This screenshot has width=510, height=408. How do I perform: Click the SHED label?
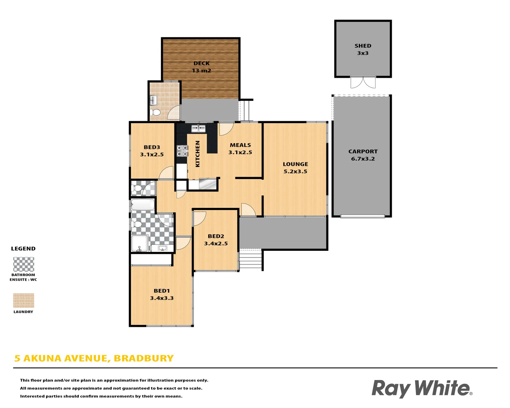tap(363, 46)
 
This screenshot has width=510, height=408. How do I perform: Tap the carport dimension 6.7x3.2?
tap(363, 159)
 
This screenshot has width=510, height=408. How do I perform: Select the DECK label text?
tap(201, 63)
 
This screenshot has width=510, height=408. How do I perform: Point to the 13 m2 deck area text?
tap(201, 71)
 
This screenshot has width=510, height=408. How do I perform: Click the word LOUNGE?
tap(295, 164)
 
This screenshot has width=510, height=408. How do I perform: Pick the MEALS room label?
tap(240, 145)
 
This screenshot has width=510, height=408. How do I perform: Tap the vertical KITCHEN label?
tap(198, 154)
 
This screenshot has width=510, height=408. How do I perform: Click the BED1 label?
tap(162, 291)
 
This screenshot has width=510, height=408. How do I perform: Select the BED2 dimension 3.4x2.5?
tap(216, 243)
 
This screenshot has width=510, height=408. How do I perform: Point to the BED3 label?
tap(151, 147)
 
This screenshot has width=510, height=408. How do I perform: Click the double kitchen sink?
tap(198, 128)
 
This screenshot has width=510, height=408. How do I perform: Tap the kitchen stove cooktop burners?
tap(182, 151)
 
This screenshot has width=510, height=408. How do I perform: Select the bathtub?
tap(143, 205)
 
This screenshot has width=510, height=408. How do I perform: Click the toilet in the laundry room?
tap(155, 112)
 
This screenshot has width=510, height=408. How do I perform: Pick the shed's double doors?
tap(363, 82)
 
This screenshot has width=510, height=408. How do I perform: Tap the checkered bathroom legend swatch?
tap(23, 264)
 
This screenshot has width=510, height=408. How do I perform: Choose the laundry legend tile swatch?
tap(23, 300)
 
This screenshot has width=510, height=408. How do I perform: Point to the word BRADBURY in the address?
tap(144, 358)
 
